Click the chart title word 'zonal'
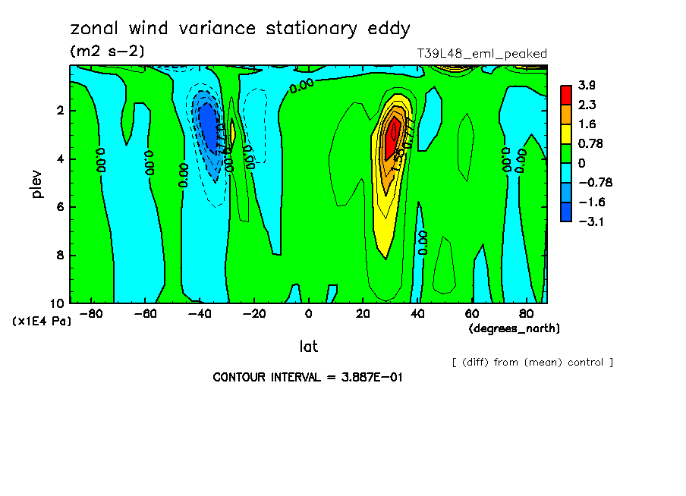point(95,29)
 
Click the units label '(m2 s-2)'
point(106,52)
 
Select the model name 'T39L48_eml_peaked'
point(482,53)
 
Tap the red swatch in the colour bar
point(566,94)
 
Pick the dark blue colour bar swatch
point(566,212)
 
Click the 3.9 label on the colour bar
point(587,85)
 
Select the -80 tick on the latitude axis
point(91,313)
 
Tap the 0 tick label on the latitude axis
point(308,313)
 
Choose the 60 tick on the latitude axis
point(471,313)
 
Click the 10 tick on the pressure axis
point(58,303)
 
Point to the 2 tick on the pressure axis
point(61,111)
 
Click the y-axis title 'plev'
point(36,184)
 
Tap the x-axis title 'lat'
point(308,347)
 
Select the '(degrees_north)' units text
point(514,328)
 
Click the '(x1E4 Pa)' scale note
point(42,321)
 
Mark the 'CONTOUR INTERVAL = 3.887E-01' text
point(307,377)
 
